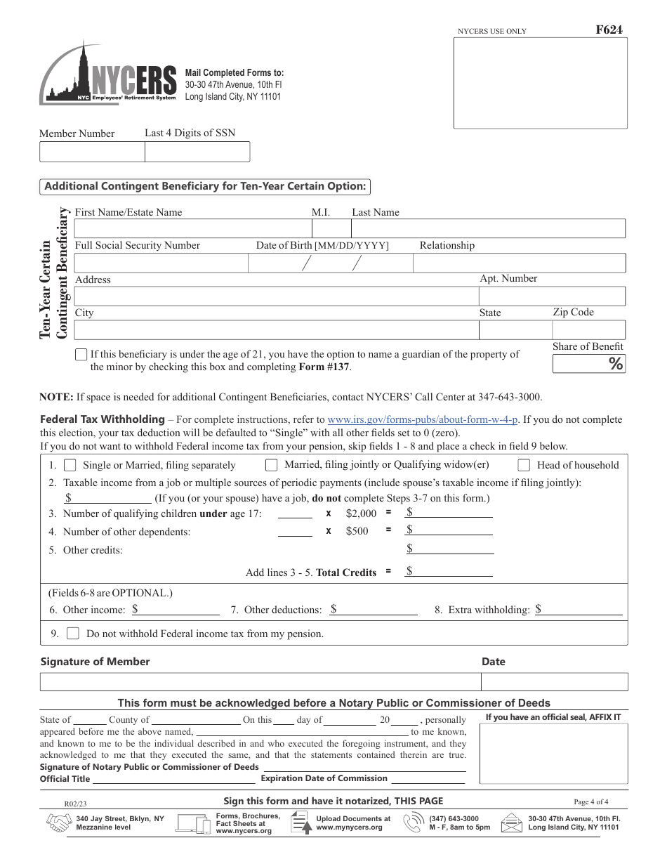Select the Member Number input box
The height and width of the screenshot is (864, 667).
coord(92,152)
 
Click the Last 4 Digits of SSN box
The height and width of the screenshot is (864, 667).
coord(197,152)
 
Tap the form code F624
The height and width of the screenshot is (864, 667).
coord(608,30)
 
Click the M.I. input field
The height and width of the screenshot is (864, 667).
coord(331,228)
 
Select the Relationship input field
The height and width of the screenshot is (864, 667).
coord(518,263)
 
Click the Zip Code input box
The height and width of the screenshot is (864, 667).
coord(588,330)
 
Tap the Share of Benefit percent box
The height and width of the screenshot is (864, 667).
coord(588,363)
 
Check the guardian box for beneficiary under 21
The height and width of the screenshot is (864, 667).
coord(81,355)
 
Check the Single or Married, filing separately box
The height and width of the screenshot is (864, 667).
coord(70,465)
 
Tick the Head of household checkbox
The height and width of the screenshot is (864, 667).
coord(524,465)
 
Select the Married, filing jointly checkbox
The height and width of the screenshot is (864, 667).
coord(271,465)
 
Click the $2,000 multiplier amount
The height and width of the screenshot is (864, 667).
coord(361,513)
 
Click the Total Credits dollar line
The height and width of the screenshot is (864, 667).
coord(449,572)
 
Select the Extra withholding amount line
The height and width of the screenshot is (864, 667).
coord(579,610)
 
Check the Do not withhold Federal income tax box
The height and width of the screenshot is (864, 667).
coord(73,634)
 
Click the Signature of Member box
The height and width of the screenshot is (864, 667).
coord(260,681)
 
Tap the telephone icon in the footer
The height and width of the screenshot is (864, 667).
coord(412,823)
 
